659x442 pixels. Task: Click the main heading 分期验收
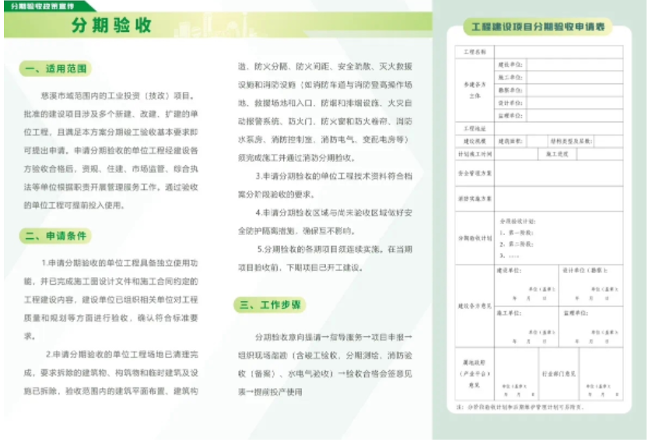coord(111,25)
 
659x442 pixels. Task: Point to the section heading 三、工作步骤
coord(269,305)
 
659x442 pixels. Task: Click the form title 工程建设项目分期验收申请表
coord(539,27)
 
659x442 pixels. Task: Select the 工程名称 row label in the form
coord(474,52)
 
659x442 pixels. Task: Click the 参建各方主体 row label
coord(474,89)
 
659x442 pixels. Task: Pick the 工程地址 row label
coord(474,128)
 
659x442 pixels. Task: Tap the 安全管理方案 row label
coord(474,173)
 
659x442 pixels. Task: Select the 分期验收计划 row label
coord(474,238)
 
